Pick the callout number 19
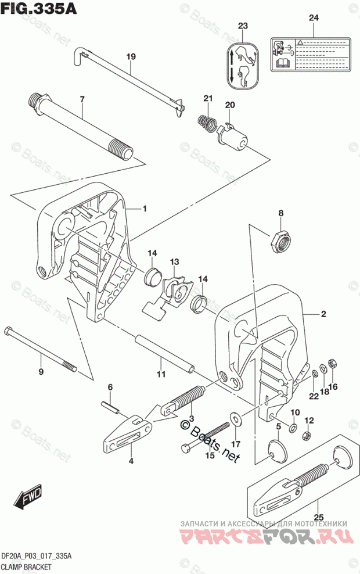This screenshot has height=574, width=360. pyautogui.click(x=131, y=57)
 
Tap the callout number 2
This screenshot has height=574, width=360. pyautogui.click(x=323, y=314)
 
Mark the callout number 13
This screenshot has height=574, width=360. pyautogui.click(x=174, y=263)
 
